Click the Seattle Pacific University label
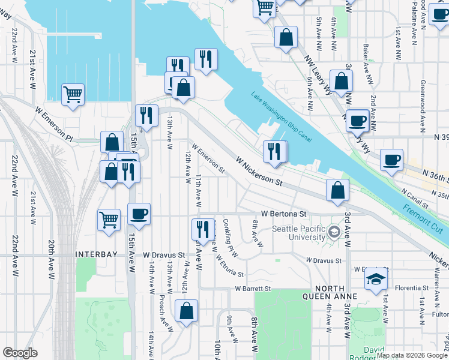(x=298, y=233)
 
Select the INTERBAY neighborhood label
(x=95, y=254)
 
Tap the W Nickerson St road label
(x=259, y=170)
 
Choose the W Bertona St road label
(x=284, y=214)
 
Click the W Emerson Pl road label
(x=53, y=124)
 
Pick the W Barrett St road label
(x=253, y=289)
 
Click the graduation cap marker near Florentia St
(x=376, y=278)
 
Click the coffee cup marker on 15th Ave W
(x=139, y=214)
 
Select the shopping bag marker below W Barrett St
(x=186, y=310)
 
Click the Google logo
(x=20, y=353)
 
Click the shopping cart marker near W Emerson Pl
(x=73, y=94)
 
